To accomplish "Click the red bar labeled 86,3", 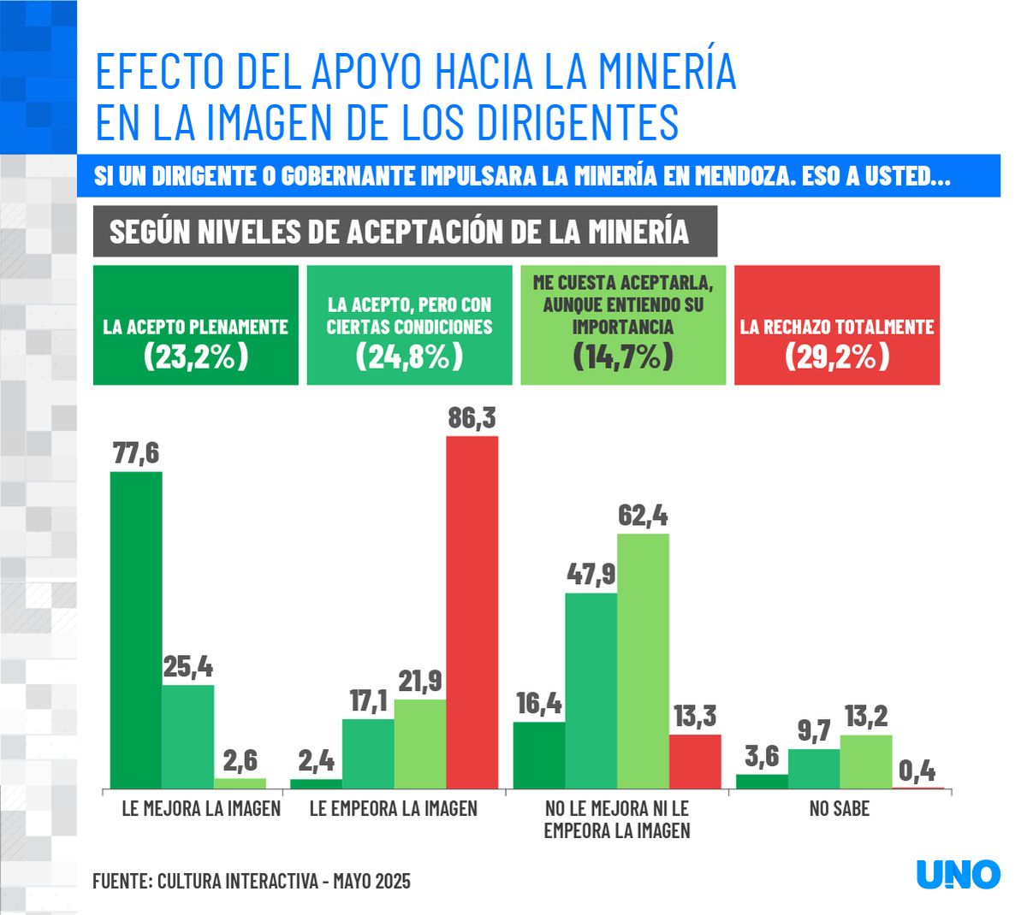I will [472, 611].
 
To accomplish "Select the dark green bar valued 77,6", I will [136, 629].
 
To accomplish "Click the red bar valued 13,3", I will [695, 761].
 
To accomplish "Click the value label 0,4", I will [917, 771].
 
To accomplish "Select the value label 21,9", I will [419, 682].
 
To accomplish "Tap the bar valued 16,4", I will [539, 755].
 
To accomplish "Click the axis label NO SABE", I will [839, 809].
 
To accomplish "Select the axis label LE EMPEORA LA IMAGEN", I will [393, 809].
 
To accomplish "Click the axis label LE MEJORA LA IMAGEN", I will [201, 809].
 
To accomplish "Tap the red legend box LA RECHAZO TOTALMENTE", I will [836, 325].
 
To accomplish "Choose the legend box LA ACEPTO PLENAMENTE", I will [196, 325].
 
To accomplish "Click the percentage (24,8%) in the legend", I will [409, 356].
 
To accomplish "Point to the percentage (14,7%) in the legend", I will [623, 356].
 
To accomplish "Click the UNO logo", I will [958, 874].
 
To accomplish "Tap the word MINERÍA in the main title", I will [668, 71].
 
